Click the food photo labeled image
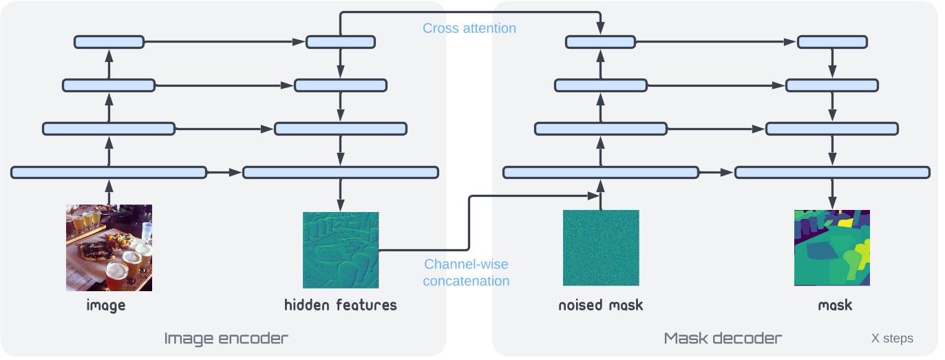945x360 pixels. [x=109, y=248]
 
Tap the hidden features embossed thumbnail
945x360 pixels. [x=341, y=250]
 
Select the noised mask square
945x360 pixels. [x=601, y=248]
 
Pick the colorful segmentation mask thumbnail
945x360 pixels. [x=832, y=248]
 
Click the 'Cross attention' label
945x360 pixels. [x=469, y=28]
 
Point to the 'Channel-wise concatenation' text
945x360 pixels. [x=466, y=273]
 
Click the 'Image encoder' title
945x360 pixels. [x=226, y=338]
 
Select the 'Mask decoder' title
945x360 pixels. [x=723, y=338]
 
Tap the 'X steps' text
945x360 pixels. [x=892, y=339]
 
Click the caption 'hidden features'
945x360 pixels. [x=341, y=304]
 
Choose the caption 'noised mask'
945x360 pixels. [x=601, y=304]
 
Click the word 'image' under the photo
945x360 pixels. [x=106, y=304]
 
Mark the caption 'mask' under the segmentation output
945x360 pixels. [x=835, y=304]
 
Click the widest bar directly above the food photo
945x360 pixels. [x=109, y=172]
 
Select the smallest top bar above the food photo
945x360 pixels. [x=109, y=42]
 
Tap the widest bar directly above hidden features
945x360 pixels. [x=341, y=172]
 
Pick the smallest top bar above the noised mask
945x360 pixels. [x=601, y=42]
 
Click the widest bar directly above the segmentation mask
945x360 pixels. [x=832, y=172]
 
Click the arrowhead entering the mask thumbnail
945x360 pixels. [x=832, y=205]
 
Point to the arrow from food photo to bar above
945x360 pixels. [x=109, y=191]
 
